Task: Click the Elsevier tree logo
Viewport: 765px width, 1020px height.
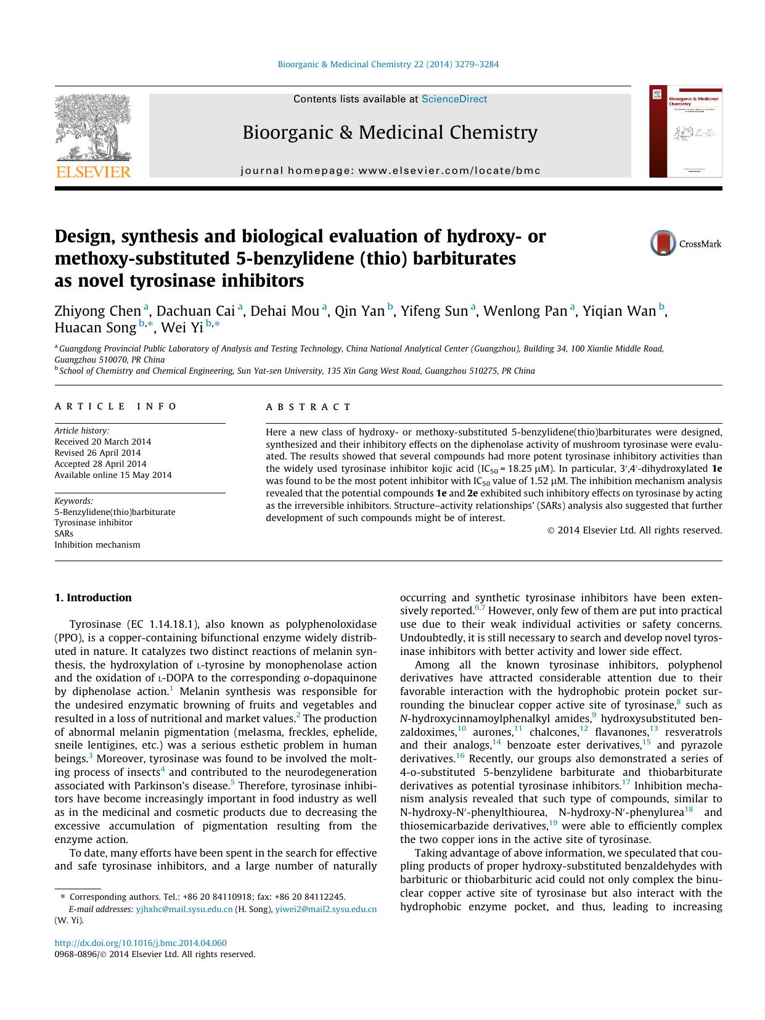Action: click(92, 127)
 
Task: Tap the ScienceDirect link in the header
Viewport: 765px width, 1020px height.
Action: click(454, 99)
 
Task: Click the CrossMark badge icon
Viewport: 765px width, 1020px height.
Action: click(663, 244)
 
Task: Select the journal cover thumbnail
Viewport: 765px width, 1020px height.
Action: click(685, 132)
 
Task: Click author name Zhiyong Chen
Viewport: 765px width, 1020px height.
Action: click(98, 311)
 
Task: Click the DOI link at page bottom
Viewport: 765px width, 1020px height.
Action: click(141, 943)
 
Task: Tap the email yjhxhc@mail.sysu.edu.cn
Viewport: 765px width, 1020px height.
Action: click(184, 909)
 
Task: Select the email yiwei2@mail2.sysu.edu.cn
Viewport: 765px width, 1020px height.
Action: click(325, 909)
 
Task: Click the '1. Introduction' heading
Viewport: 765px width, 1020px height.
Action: click(93, 598)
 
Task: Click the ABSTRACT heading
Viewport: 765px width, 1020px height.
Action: click(308, 407)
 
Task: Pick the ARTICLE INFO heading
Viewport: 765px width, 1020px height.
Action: click(115, 406)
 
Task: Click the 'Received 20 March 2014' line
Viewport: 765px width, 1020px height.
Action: click(102, 442)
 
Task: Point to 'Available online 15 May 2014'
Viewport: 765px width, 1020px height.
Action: click(113, 475)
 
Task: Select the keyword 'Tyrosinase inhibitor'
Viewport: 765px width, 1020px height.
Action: click(93, 522)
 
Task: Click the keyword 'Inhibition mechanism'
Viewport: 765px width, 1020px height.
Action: click(97, 545)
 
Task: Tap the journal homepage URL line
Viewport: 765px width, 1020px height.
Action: click(390, 171)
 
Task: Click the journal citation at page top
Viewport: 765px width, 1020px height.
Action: click(388, 64)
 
